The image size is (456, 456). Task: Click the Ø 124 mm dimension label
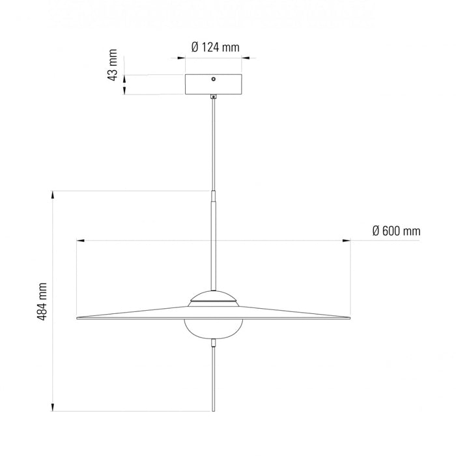[x=215, y=47]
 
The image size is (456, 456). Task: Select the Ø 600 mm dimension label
[x=396, y=231]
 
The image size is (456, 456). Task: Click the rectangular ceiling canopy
[x=214, y=85]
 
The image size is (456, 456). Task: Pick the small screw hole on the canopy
[x=213, y=79]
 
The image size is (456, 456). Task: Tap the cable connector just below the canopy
[x=214, y=98]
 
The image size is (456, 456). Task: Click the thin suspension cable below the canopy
[x=214, y=143]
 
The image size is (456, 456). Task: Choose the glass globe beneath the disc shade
[x=214, y=329]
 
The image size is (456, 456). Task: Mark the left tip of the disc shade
[x=78, y=318]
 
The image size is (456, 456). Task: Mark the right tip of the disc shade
[x=350, y=318]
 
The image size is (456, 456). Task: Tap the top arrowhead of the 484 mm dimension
[x=53, y=193]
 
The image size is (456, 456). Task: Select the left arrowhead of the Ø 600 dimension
[x=79, y=241]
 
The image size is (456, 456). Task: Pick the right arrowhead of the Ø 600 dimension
[x=348, y=241]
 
